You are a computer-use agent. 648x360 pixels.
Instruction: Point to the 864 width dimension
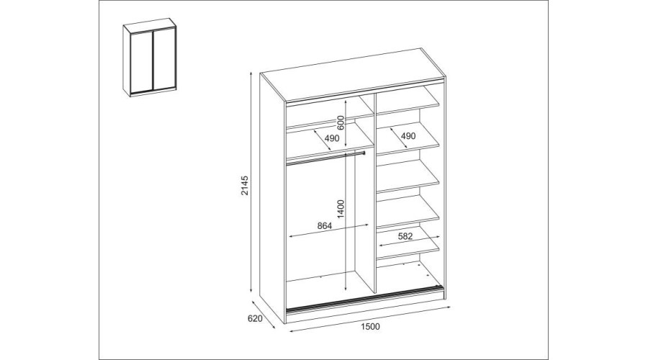324,226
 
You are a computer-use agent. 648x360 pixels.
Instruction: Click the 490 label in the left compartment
330,138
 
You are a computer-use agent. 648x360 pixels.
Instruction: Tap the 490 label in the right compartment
408,136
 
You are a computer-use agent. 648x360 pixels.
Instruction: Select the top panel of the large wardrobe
353,73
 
